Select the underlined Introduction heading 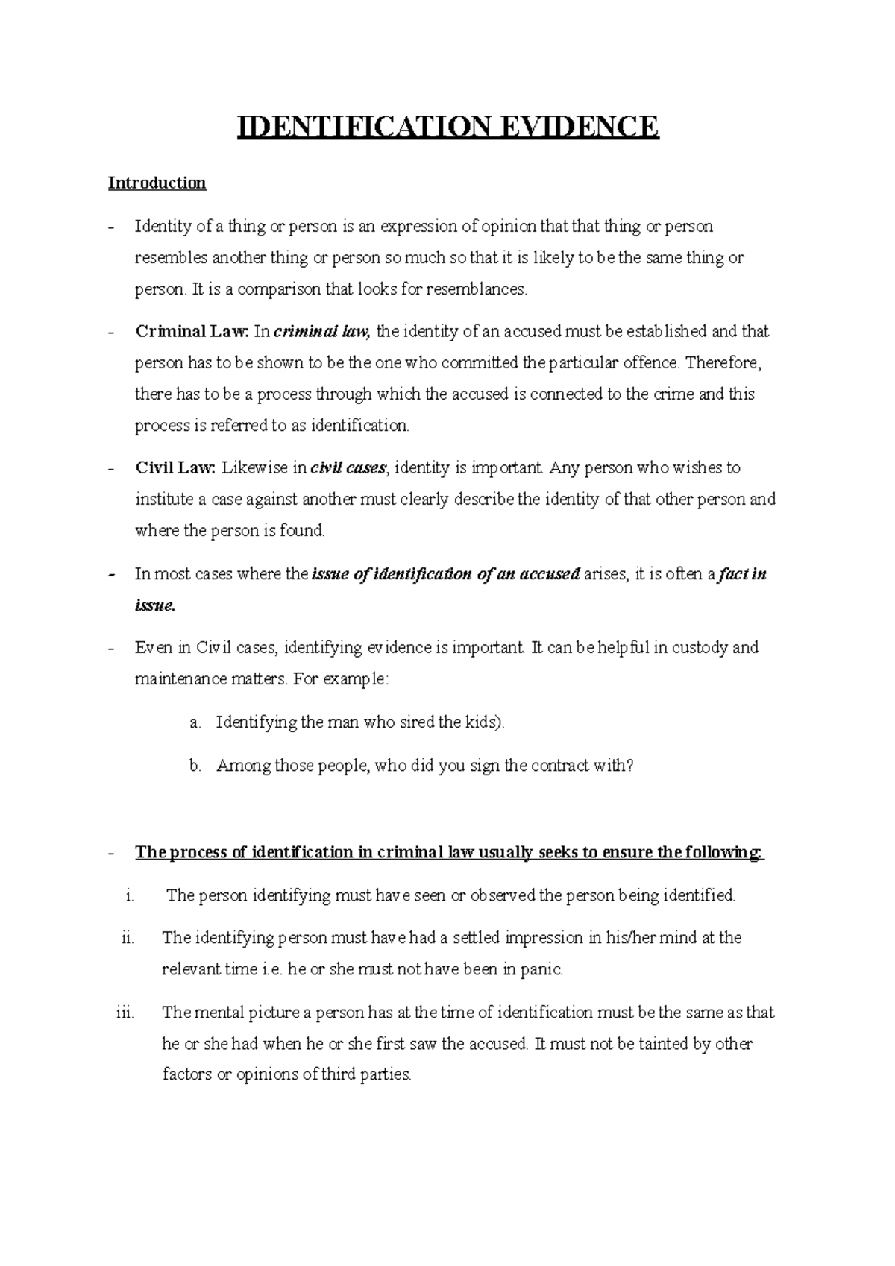157,183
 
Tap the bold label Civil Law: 175,468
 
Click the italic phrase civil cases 348,468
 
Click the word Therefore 723,362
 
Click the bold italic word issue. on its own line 154,605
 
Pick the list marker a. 195,722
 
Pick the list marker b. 195,766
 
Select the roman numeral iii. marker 125,1013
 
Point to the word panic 541,969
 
